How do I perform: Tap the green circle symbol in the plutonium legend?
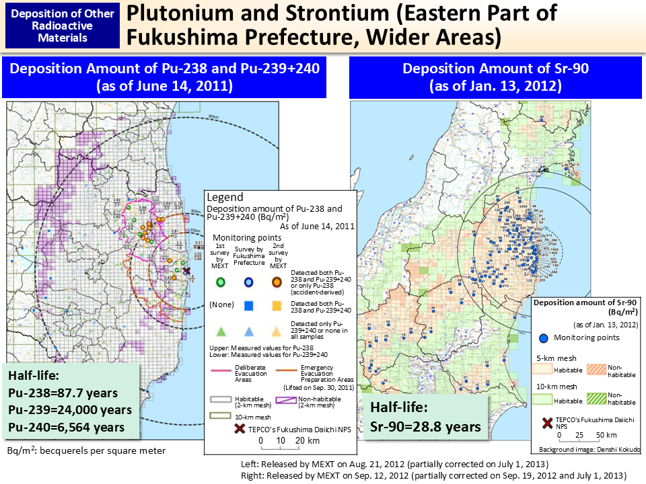pyautogui.click(x=220, y=282)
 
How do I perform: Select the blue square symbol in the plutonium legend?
pyautogui.click(x=248, y=306)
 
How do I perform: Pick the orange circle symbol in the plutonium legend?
pyautogui.click(x=276, y=282)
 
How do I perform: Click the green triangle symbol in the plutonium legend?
pyautogui.click(x=220, y=331)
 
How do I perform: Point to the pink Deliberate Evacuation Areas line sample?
pyautogui.click(x=223, y=372)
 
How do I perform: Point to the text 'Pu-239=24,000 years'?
pyautogui.click(x=69, y=409)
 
